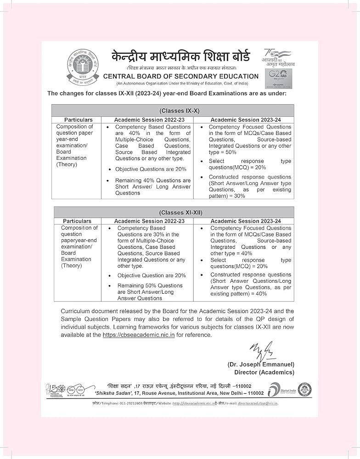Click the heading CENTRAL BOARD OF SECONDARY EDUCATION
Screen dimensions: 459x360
[x=181, y=76]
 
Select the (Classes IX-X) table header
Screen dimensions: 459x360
[x=173, y=111]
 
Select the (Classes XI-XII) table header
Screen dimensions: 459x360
[x=174, y=213]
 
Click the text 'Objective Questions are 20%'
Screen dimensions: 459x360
[x=151, y=169]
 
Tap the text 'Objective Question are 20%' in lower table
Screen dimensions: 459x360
[x=152, y=275]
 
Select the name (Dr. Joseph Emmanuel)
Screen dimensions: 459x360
[x=261, y=364]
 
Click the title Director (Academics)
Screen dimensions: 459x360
[x=264, y=372]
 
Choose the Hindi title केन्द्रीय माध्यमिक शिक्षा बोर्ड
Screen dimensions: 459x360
[x=180, y=57]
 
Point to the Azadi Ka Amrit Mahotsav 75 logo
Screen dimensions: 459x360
[x=279, y=57]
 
